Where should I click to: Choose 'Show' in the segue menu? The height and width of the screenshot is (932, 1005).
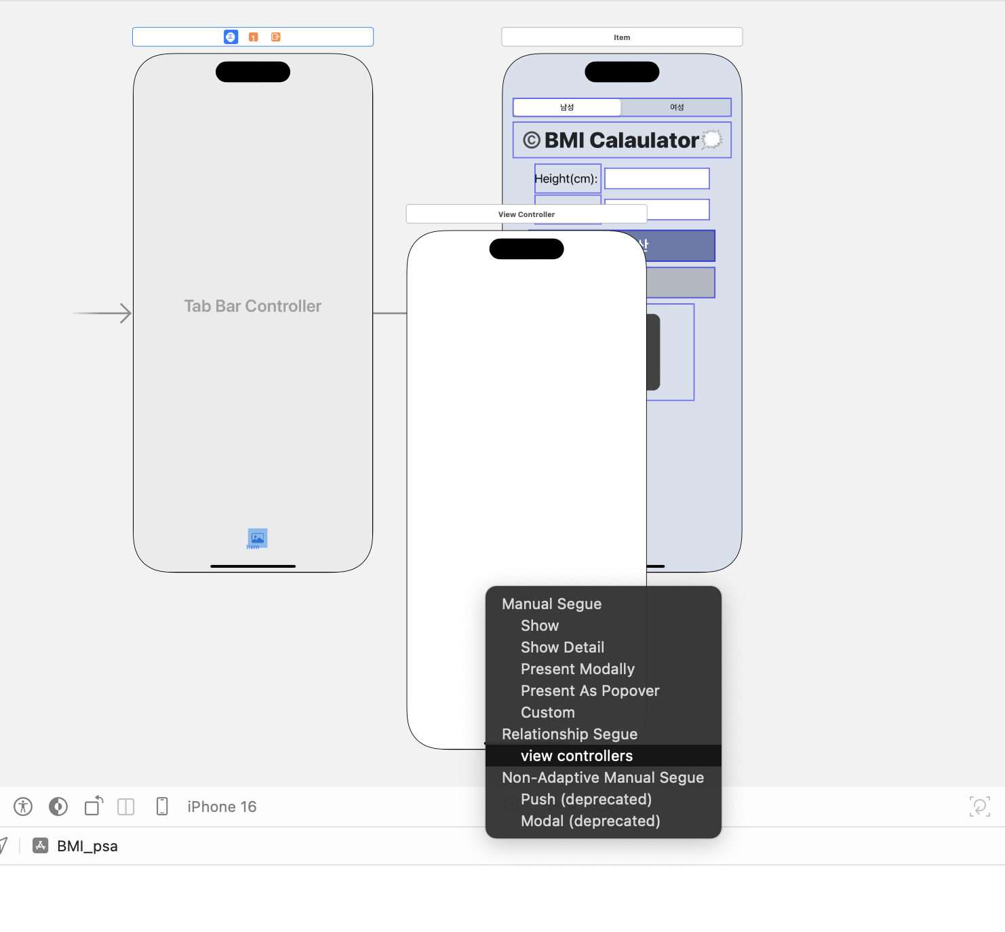coord(540,625)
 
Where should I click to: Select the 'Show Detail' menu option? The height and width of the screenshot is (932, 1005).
coord(562,647)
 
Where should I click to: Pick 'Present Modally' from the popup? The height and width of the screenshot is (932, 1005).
coord(577,669)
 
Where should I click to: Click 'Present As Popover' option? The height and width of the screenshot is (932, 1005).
coord(589,691)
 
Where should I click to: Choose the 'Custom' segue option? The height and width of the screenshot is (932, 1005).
coord(547,712)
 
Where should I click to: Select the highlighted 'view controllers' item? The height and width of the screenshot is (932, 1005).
coord(576,756)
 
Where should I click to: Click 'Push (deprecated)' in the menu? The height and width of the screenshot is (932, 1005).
coord(586,799)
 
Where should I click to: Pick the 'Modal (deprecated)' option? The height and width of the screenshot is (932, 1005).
coord(590,821)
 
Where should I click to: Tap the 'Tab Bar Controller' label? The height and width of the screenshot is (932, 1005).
coord(252,306)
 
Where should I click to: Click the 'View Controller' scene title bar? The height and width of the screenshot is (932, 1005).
coord(526,214)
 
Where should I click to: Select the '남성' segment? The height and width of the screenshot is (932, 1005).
coord(567,107)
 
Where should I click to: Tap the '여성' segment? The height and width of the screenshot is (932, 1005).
coord(676,107)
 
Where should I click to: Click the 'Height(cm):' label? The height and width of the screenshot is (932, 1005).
coord(566,179)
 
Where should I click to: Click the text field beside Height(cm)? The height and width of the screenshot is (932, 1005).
coord(656,179)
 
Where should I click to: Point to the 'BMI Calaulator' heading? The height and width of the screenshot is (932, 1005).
coord(621,140)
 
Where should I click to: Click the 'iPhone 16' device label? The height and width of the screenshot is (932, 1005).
coord(222,807)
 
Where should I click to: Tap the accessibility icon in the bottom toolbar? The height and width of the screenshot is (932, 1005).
coord(23,807)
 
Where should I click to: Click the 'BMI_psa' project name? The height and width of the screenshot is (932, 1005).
coord(87,846)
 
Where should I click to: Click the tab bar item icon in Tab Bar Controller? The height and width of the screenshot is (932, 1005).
coord(257,538)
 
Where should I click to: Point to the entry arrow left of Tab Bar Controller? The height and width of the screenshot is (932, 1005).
coord(102,313)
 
